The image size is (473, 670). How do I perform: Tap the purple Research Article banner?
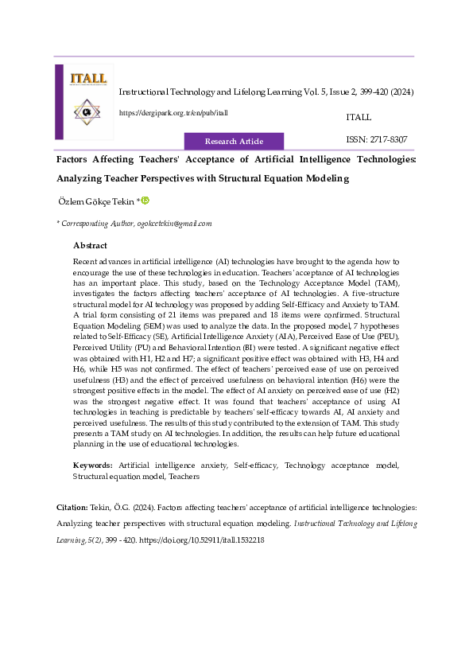[x=234, y=142]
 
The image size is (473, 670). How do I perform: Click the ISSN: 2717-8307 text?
[x=377, y=139]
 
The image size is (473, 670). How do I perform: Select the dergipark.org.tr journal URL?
[x=173, y=113]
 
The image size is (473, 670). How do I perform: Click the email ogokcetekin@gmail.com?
[x=174, y=224]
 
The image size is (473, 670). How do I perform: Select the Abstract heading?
[x=90, y=246]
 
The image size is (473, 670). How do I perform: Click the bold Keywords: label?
[x=93, y=465]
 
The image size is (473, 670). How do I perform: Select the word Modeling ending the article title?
[x=323, y=178]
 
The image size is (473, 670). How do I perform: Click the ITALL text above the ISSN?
[x=359, y=118]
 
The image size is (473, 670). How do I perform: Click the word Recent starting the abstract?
[x=87, y=261]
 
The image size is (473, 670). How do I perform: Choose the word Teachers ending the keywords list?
[x=183, y=477]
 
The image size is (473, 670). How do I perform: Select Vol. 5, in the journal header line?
[x=305, y=92]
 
